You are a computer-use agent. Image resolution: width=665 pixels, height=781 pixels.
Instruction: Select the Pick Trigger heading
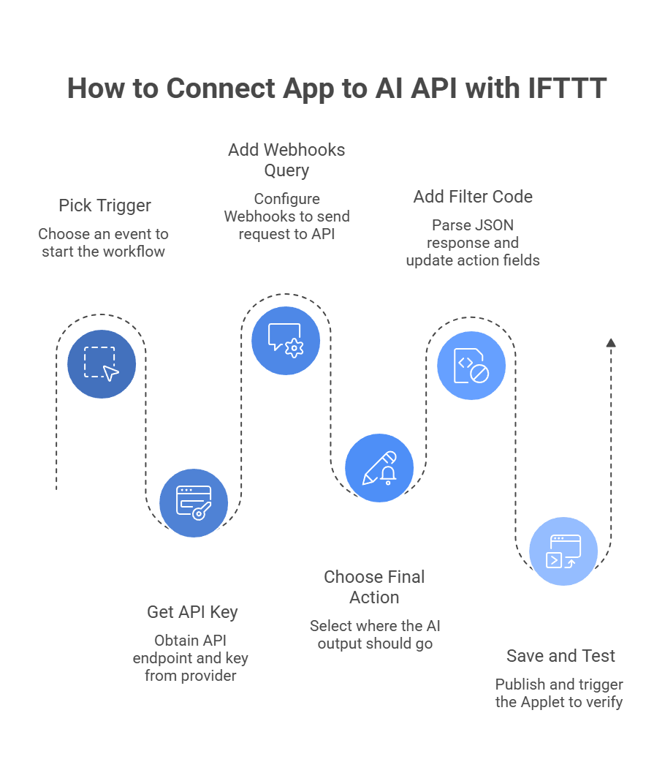[104, 205]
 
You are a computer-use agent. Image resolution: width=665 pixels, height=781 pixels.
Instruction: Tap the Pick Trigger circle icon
[102, 363]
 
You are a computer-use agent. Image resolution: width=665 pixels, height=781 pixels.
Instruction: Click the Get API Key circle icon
[194, 502]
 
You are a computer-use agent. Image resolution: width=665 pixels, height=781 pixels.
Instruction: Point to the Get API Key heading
[192, 611]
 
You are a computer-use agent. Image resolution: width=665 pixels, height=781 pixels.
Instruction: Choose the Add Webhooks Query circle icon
[286, 340]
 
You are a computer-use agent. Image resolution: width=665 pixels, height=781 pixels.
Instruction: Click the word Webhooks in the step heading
[305, 150]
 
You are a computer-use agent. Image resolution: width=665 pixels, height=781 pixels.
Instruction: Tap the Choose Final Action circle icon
[379, 468]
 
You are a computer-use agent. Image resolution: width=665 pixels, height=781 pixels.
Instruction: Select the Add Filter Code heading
[473, 197]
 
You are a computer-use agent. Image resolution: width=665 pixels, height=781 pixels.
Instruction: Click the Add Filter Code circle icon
[471, 365]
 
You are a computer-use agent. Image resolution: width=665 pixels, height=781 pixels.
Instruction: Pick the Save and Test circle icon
[563, 551]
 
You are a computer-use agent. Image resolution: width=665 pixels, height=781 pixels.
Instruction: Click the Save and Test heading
[560, 656]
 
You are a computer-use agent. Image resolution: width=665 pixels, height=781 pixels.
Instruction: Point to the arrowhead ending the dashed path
[611, 342]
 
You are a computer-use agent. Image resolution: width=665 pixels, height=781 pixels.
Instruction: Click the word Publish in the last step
[520, 684]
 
